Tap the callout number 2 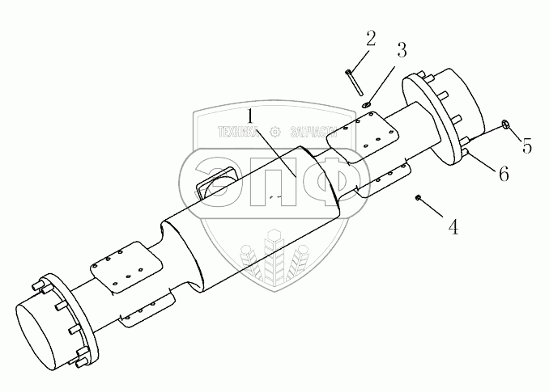[370, 37]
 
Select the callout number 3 [401, 49]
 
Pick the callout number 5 [526, 146]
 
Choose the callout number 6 [503, 174]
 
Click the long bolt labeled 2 [351, 82]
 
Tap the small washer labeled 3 [367, 103]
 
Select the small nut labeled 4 [417, 198]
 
